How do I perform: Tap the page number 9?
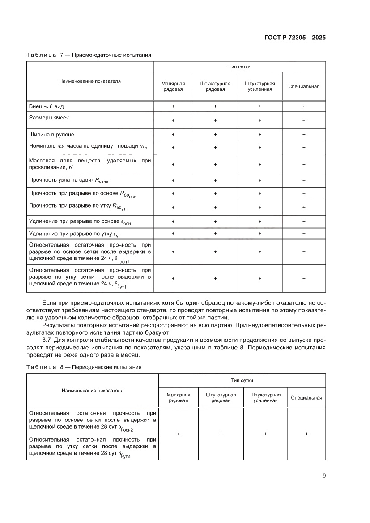pos(324,476)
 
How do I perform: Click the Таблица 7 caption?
pos(89,55)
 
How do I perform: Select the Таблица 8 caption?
pos(84,367)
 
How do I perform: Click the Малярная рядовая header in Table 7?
pos(173,86)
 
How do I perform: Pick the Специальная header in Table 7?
pos(304,86)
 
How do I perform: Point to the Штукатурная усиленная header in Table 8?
pos(265,397)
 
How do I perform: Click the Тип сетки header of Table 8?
pos(242,380)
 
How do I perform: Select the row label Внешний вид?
pos(46,106)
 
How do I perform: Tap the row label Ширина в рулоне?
pos(51,134)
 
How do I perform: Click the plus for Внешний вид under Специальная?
pos(304,106)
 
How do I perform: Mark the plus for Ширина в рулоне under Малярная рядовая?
pos(173,134)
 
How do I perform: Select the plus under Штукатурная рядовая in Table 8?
pos(221,434)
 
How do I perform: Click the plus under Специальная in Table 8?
pos(306,434)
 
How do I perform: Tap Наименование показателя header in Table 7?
pos(90,81)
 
